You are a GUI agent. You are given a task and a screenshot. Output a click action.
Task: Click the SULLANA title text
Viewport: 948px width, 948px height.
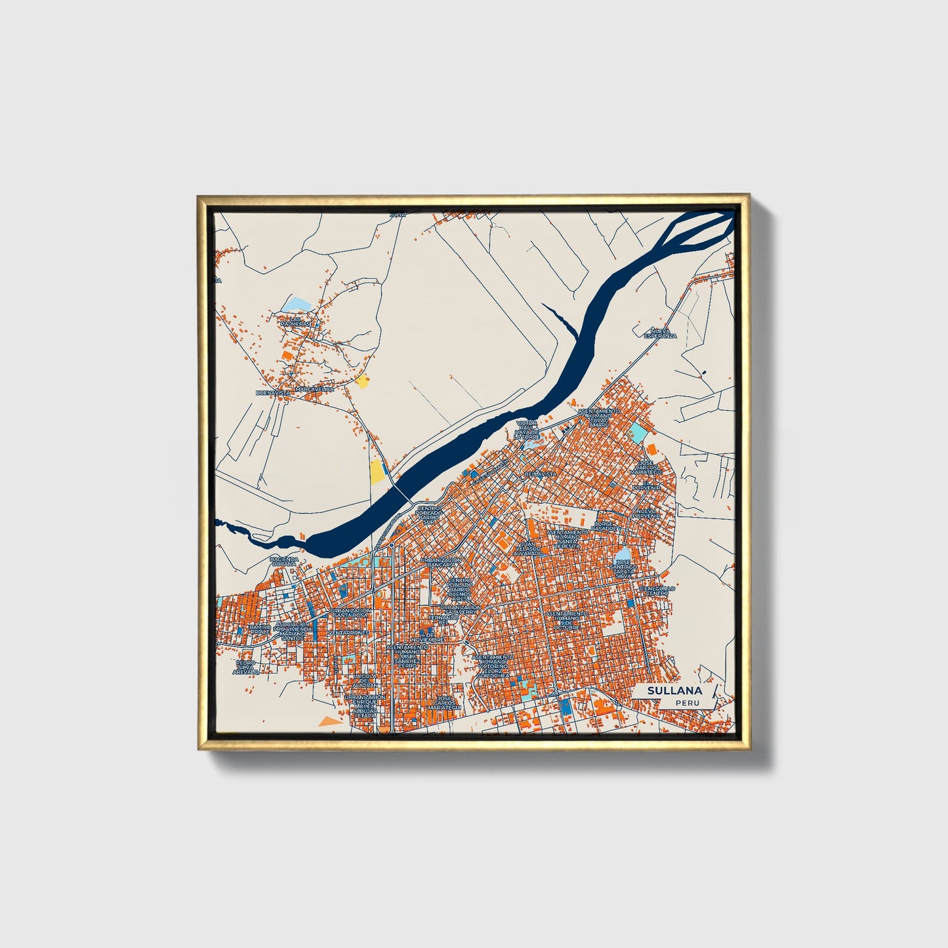674,690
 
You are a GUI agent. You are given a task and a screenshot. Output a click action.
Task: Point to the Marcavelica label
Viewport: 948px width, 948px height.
315,389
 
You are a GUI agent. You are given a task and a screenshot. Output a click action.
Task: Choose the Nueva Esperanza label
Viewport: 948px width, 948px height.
660,333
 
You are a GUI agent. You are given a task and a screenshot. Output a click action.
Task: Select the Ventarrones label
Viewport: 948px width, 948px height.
349,632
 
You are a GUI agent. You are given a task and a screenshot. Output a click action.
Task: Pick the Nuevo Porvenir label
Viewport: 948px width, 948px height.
647,512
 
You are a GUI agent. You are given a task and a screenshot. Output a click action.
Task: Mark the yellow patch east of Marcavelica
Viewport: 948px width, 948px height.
362,381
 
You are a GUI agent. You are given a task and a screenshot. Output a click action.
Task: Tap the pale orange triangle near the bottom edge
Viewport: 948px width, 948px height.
327,722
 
